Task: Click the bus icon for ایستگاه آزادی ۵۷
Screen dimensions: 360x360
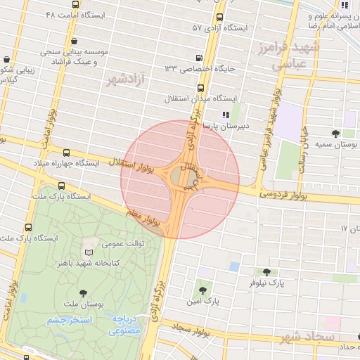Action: pyautogui.click(x=219, y=18)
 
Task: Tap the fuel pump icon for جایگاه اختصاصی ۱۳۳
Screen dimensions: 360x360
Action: pyautogui.click(x=200, y=59)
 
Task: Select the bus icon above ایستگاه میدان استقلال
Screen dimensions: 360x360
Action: pyautogui.click(x=202, y=89)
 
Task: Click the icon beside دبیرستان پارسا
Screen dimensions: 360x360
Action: pyautogui.click(x=225, y=115)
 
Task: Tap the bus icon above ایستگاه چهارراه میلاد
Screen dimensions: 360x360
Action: pyautogui.click(x=67, y=153)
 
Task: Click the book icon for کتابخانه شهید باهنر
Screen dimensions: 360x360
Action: pyautogui.click(x=89, y=252)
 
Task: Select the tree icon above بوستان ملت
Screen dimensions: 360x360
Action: pyautogui.click(x=84, y=292)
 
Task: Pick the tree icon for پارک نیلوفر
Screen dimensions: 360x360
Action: pyautogui.click(x=266, y=272)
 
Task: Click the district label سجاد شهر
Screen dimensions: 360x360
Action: pyautogui.click(x=307, y=337)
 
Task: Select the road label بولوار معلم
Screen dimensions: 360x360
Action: pyautogui.click(x=145, y=216)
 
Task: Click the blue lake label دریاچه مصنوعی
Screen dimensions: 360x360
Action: pyautogui.click(x=127, y=324)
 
